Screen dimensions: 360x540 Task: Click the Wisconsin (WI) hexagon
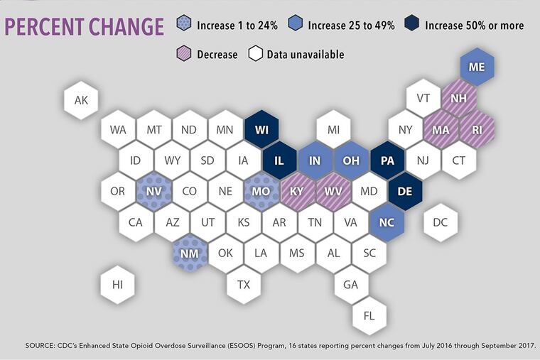pyautogui.click(x=261, y=131)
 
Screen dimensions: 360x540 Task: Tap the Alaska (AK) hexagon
pyautogui.click(x=82, y=100)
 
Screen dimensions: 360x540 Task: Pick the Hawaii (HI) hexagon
pyautogui.click(x=118, y=285)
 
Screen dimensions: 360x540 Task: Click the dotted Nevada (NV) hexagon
pyautogui.click(x=154, y=192)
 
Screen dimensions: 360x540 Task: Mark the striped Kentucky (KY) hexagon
pyautogui.click(x=298, y=192)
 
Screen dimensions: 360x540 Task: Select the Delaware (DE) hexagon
pyautogui.click(x=405, y=192)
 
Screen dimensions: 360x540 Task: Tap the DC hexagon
pyautogui.click(x=441, y=223)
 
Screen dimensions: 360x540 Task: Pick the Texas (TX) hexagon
pyautogui.click(x=244, y=285)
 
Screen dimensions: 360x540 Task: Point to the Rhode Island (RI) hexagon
pyautogui.click(x=477, y=131)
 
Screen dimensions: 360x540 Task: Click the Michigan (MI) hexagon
pyautogui.click(x=333, y=131)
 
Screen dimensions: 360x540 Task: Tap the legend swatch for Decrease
pyautogui.click(x=185, y=54)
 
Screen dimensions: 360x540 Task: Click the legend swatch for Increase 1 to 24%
pyautogui.click(x=185, y=26)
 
